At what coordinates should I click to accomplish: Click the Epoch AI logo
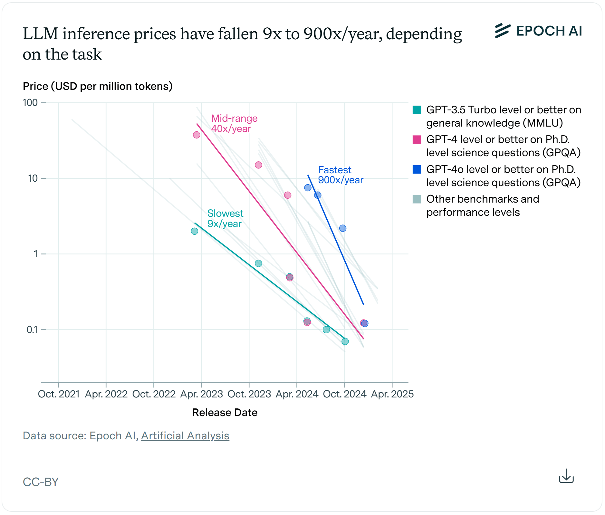(538, 31)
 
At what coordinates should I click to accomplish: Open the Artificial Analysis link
(185, 436)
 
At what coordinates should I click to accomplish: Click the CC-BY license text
(41, 482)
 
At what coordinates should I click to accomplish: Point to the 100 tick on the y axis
(30, 103)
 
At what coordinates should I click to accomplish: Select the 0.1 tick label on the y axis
(32, 329)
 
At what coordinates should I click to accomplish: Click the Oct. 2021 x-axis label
(59, 394)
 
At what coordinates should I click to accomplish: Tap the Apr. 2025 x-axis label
(392, 394)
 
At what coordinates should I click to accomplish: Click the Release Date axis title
(225, 413)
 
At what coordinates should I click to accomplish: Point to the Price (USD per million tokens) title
(98, 86)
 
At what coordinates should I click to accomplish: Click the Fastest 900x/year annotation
(340, 175)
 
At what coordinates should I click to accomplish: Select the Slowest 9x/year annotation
(225, 218)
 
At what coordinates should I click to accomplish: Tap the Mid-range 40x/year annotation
(234, 123)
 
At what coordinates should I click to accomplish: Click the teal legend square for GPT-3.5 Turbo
(417, 110)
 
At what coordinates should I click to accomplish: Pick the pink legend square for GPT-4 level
(417, 139)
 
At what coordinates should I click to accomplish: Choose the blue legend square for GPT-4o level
(417, 169)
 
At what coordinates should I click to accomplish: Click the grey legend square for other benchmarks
(417, 199)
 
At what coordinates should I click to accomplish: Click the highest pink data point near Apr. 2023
(197, 135)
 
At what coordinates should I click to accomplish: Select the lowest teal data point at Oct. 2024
(345, 341)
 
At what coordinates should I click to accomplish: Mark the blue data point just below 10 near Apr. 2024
(308, 188)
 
